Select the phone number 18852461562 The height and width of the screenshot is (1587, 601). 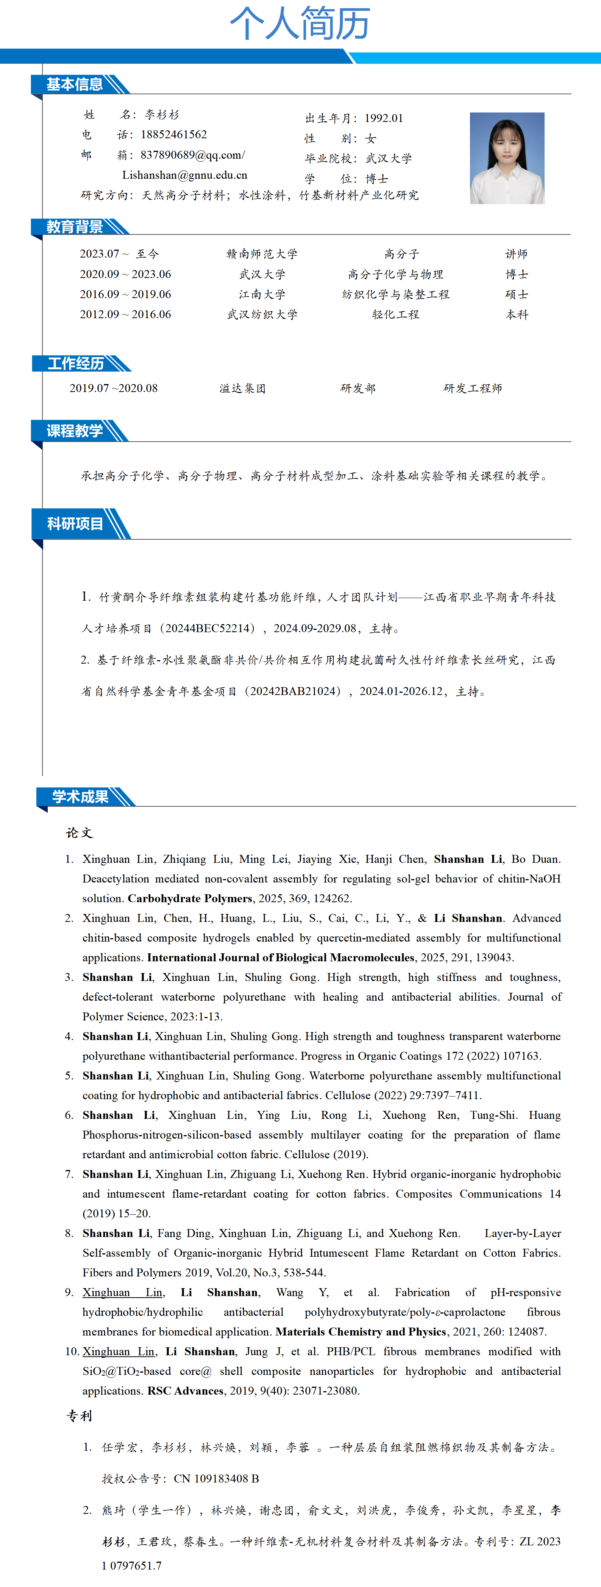click(x=174, y=134)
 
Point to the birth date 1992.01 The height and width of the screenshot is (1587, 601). click(x=384, y=118)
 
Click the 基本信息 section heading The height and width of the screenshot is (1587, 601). click(x=75, y=84)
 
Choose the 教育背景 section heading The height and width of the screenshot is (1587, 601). click(x=75, y=227)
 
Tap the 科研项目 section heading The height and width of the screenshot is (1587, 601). click(x=75, y=524)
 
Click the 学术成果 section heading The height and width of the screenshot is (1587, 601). click(x=80, y=797)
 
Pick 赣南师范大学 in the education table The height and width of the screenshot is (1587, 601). click(x=262, y=254)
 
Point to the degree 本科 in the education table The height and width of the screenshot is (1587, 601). click(x=517, y=314)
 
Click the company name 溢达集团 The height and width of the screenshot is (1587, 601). click(x=243, y=388)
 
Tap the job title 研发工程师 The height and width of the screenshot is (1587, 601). click(x=472, y=388)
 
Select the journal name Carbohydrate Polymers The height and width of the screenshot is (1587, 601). click(x=190, y=898)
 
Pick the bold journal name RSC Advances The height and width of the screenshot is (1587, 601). click(x=185, y=1390)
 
